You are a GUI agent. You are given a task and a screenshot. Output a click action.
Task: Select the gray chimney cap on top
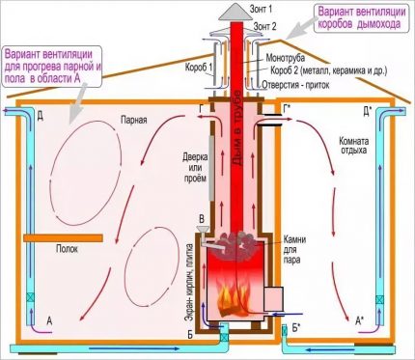coord(234,11)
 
